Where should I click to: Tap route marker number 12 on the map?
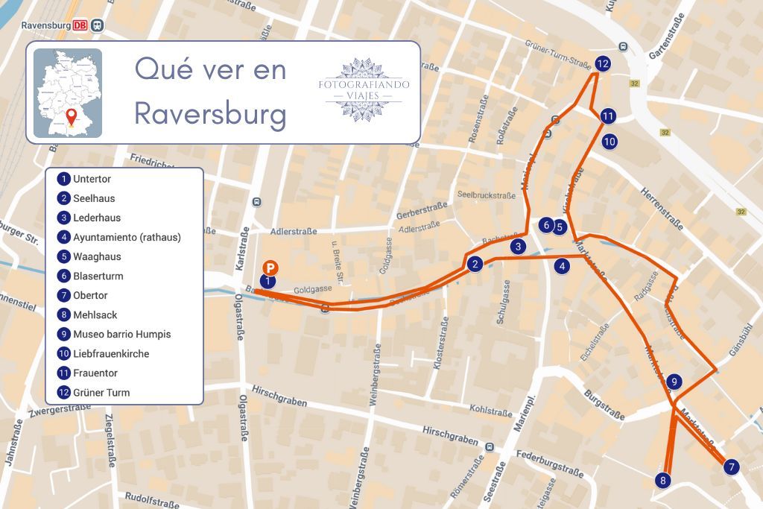pyautogui.click(x=603, y=64)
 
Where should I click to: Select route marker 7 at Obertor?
pyautogui.click(x=732, y=467)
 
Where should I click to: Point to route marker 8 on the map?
pyautogui.click(x=663, y=480)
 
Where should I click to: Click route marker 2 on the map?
pyautogui.click(x=475, y=263)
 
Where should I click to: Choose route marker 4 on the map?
pyautogui.click(x=563, y=265)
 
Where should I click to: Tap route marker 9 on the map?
pyautogui.click(x=674, y=382)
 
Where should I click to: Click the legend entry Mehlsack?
pyautogui.click(x=95, y=315)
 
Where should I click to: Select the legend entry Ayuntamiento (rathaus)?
pyautogui.click(x=127, y=238)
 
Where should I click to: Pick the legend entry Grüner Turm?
pyautogui.click(x=101, y=393)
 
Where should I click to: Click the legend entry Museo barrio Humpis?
pyautogui.click(x=121, y=335)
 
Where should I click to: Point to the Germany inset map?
pyautogui.click(x=68, y=93)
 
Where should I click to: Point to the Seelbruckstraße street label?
pyautogui.click(x=486, y=196)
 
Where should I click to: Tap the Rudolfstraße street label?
pyautogui.click(x=153, y=498)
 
